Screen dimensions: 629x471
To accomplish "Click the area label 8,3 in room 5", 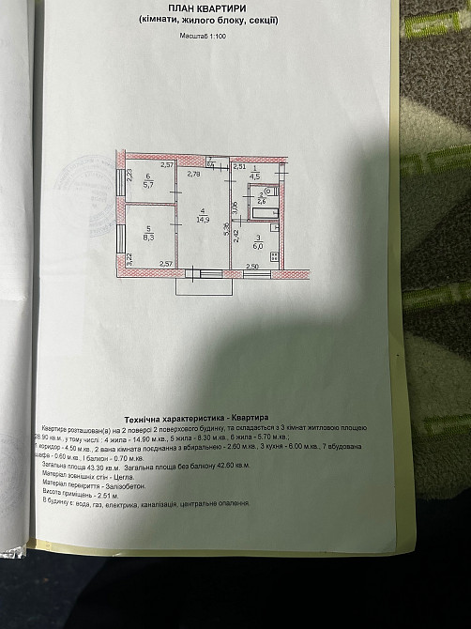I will (147, 237).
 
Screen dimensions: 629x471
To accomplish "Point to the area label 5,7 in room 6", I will (146, 185).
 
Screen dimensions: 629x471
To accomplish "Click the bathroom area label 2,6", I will (262, 199).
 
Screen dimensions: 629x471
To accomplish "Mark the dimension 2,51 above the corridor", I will (239, 165).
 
